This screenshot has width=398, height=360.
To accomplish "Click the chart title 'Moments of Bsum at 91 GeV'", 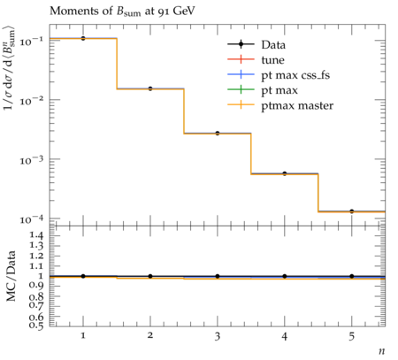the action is [x=122, y=11].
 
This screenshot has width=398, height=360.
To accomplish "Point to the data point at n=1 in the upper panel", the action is [x=83, y=38].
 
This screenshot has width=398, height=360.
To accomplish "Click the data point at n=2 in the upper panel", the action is [x=150, y=88].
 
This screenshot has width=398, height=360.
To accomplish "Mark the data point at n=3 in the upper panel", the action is [x=218, y=134].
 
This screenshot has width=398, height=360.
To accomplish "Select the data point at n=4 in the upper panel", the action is [x=285, y=173].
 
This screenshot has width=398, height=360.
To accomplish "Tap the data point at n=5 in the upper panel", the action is [x=351, y=211].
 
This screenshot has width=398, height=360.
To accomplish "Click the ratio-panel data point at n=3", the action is [x=218, y=276].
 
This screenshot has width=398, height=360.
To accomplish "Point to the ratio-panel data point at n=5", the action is [x=351, y=276].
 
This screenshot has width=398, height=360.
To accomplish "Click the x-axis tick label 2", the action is [x=150, y=335].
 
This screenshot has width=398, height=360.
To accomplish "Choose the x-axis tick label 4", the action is [x=285, y=335].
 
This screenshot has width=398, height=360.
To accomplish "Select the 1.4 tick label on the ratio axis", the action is [x=36, y=235].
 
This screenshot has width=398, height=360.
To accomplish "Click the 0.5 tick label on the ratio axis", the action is [x=36, y=325].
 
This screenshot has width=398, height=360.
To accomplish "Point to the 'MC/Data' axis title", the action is [x=11, y=276].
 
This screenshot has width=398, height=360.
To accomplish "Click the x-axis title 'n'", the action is [x=382, y=351].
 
